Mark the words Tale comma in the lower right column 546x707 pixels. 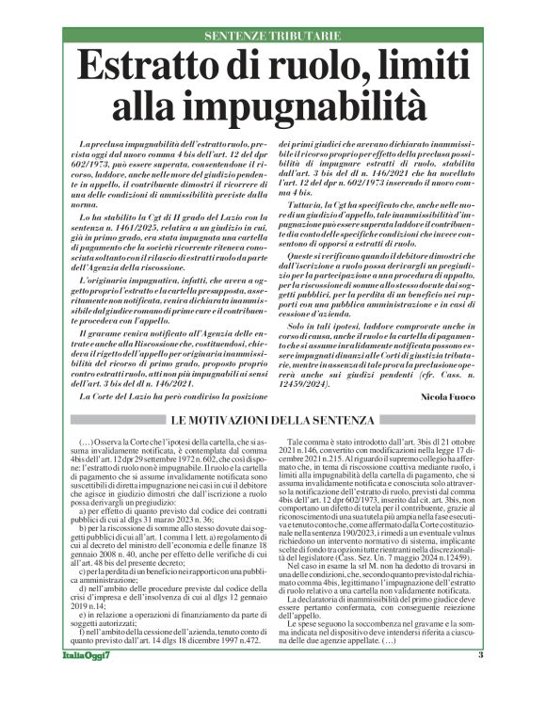point(315,441)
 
